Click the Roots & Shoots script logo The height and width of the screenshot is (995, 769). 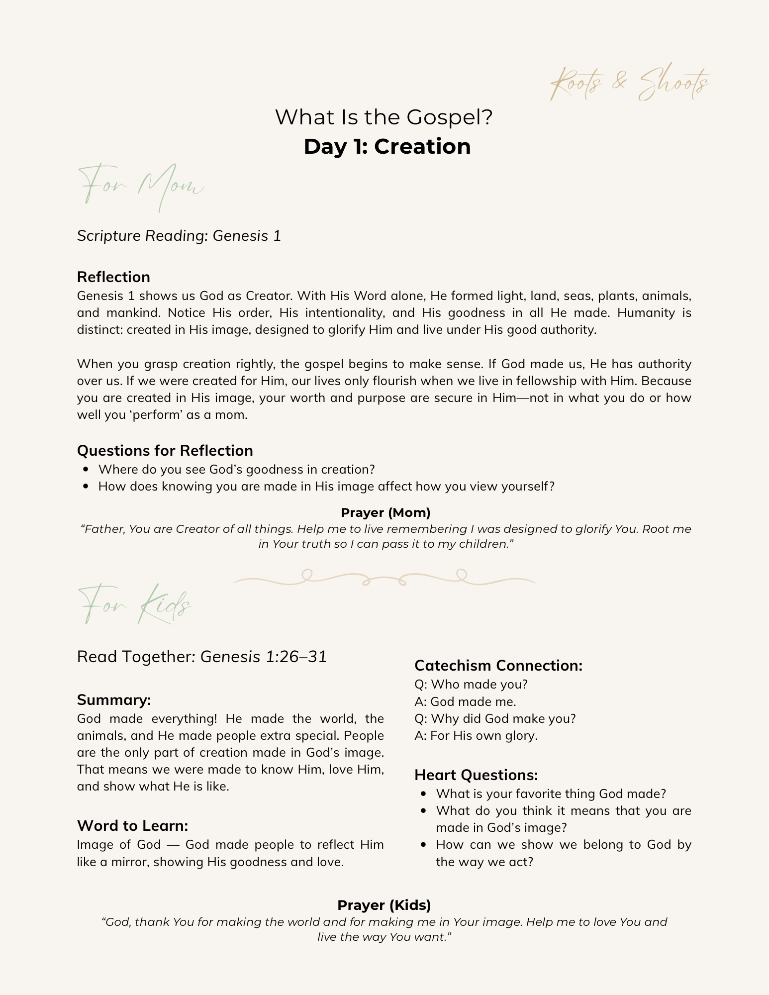coord(630,83)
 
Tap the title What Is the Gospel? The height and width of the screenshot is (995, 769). coord(384,117)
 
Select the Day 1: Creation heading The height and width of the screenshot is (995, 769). coord(387,147)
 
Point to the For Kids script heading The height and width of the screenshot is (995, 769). coord(134,605)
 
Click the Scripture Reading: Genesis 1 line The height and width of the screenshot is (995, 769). coord(179,236)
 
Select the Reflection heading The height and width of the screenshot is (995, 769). coord(113,277)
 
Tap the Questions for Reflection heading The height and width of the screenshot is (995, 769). coord(165,451)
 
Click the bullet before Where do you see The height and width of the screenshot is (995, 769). coord(87,470)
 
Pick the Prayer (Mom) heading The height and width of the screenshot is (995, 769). coord(385,512)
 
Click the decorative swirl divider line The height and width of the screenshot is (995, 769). coord(384,578)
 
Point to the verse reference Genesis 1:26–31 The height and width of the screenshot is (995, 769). coord(264,657)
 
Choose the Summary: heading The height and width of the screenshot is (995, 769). coord(114,700)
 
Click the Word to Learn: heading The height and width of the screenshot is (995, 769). coord(132,826)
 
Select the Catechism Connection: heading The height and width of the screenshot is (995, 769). coord(498,666)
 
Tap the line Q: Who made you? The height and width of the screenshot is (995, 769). coord(471,685)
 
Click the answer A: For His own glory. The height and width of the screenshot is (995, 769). coord(476,736)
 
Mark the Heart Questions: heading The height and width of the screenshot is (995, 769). coord(476,775)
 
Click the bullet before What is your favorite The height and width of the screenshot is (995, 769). coord(424,794)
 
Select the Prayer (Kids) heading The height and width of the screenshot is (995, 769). coord(384,905)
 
